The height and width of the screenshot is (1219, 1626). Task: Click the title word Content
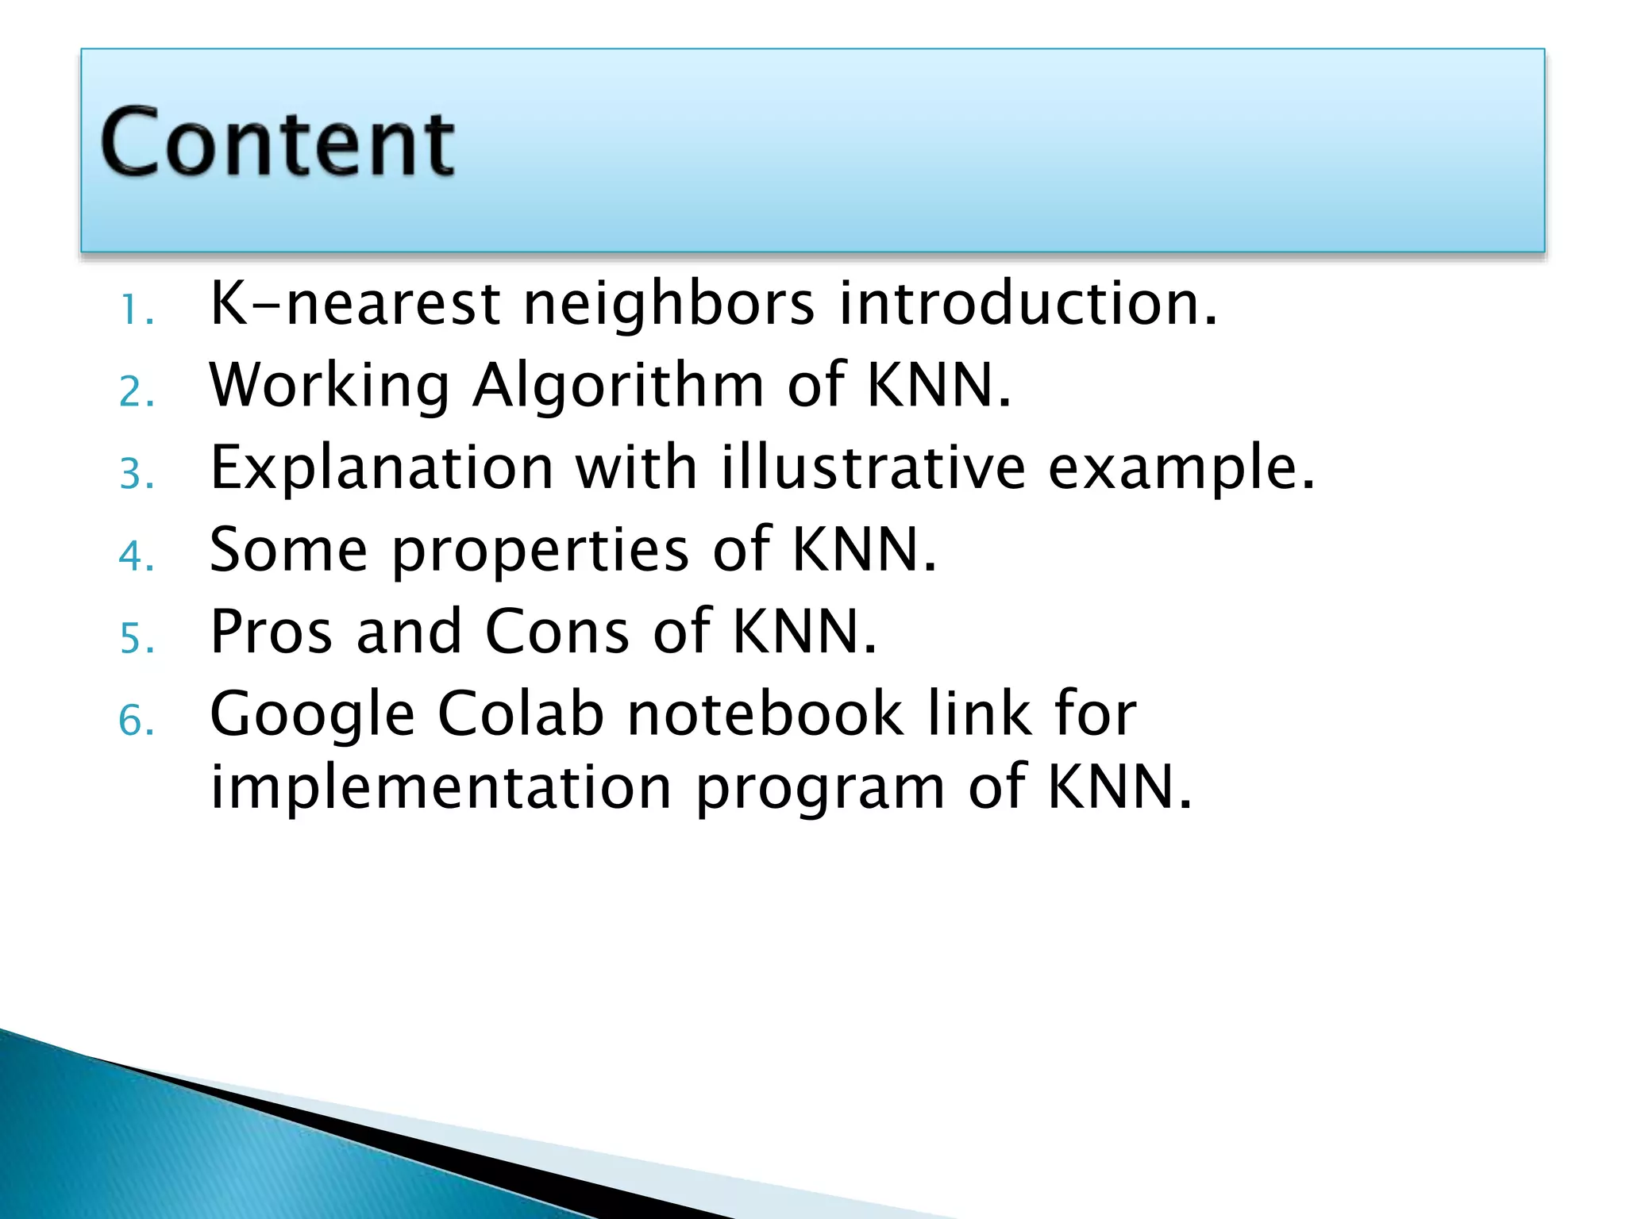(x=277, y=143)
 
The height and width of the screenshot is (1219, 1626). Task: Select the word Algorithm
(x=618, y=386)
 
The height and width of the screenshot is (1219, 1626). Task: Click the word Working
(x=329, y=386)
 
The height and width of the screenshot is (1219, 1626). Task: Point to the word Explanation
(x=382, y=468)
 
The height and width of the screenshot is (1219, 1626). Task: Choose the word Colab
(x=521, y=713)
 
